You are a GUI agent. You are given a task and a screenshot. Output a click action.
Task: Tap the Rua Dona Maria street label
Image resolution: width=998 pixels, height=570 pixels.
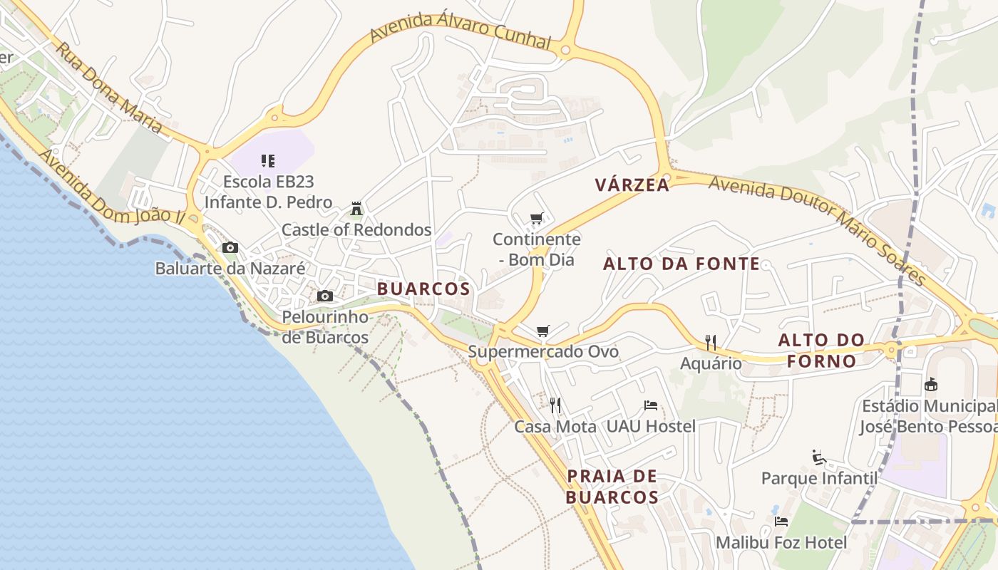click(x=109, y=88)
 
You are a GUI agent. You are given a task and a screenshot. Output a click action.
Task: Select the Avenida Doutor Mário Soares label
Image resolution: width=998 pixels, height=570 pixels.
click(x=816, y=230)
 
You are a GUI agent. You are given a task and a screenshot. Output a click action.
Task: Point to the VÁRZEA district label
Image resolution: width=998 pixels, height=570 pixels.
click(x=632, y=185)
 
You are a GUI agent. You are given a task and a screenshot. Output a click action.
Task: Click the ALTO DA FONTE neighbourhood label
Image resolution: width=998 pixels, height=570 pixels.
click(x=681, y=264)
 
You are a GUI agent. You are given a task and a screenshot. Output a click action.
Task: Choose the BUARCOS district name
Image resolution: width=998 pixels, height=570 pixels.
click(x=423, y=289)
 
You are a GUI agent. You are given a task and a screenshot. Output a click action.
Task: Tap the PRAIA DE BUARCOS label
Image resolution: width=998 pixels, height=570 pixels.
click(x=612, y=487)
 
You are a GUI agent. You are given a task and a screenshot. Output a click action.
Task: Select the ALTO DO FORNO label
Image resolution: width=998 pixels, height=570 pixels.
click(x=821, y=351)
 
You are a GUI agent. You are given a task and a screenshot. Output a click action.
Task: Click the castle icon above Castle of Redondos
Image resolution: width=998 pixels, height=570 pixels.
click(x=356, y=209)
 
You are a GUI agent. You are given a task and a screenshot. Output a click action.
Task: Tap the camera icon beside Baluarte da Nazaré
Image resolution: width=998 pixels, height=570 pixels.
click(x=230, y=248)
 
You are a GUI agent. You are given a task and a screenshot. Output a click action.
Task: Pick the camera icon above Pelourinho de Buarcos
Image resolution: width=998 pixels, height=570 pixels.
click(x=325, y=296)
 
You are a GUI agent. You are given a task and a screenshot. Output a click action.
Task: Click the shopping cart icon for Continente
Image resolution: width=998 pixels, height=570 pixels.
click(x=536, y=218)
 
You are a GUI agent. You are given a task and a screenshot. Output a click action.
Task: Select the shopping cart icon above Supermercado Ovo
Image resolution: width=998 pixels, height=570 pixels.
click(x=543, y=331)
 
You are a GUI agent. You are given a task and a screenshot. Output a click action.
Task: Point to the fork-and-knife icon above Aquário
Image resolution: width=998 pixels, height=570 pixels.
click(x=710, y=343)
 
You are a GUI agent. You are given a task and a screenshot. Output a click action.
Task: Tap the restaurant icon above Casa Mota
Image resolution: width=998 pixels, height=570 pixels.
click(x=555, y=405)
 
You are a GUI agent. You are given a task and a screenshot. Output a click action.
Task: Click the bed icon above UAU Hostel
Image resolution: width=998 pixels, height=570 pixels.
click(x=651, y=405)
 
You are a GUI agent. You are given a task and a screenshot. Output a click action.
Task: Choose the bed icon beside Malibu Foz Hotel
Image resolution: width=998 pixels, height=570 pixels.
click(x=781, y=522)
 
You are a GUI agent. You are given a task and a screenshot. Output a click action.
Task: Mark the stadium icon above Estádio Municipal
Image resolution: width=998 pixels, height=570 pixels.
click(x=930, y=385)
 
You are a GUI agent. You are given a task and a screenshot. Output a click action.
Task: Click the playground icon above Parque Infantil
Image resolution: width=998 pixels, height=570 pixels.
click(x=819, y=457)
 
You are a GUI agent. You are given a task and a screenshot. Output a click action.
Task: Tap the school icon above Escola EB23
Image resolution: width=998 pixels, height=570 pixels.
click(x=268, y=161)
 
